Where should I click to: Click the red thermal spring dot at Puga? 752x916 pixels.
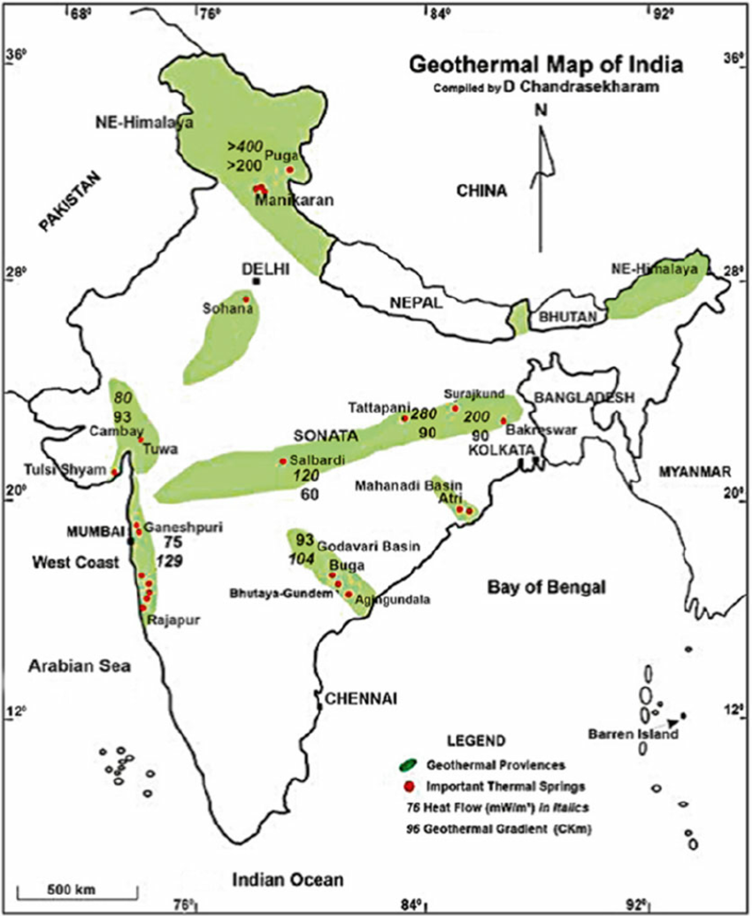[289, 170]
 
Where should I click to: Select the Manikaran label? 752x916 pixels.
[294, 202]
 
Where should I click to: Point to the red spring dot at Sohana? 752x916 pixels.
[247, 299]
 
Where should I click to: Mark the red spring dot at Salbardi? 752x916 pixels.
[283, 461]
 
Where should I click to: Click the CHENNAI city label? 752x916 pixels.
[361, 699]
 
